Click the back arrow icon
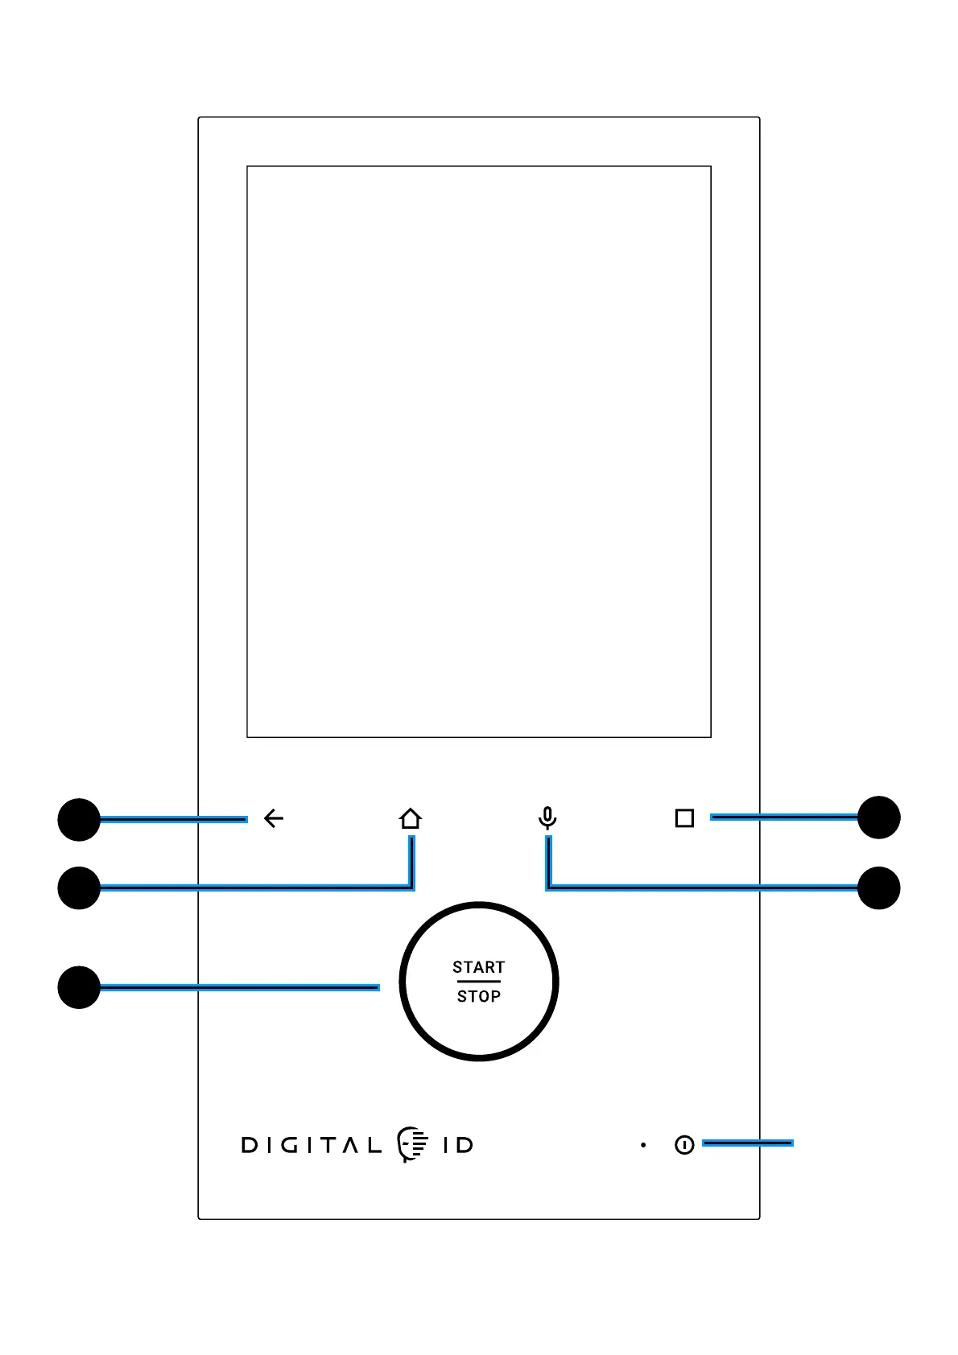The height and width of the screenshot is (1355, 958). coord(274,818)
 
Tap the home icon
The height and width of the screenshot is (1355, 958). coord(411,819)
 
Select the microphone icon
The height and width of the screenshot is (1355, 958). coord(547,818)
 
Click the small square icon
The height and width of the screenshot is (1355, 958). coord(684,818)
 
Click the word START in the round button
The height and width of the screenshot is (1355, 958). coord(478,967)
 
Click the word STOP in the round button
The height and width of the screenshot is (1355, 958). coord(479,996)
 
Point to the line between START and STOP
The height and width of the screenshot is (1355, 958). coord(479,982)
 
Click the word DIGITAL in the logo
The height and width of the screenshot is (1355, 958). coord(312,1145)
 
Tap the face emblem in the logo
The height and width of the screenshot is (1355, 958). coord(412,1144)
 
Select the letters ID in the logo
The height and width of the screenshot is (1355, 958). coord(458,1145)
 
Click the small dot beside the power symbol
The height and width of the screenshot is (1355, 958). coord(643,1145)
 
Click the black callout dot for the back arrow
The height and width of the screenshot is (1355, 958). coord(79,820)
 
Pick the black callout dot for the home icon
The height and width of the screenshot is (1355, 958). coord(79,888)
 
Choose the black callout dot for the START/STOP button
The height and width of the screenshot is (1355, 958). coord(79,987)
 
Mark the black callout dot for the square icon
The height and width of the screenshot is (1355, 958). coord(879,818)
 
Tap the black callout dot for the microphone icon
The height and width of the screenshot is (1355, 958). coord(879,888)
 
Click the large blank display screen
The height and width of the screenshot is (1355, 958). coord(479,451)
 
